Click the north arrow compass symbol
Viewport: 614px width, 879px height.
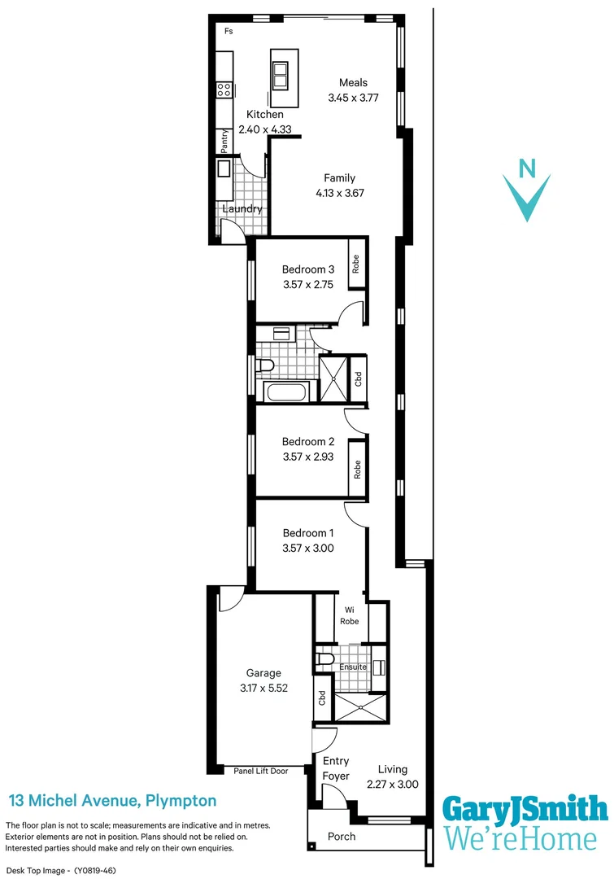point(528,191)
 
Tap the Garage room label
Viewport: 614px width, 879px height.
point(263,673)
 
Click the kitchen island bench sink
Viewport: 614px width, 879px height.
point(281,75)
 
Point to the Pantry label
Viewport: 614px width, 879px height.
point(224,142)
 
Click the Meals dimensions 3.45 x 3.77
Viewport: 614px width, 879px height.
point(353,97)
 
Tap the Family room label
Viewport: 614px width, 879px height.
point(339,178)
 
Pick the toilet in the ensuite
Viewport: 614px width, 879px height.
point(325,658)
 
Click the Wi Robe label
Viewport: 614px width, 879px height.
point(349,614)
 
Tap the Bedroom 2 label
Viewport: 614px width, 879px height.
point(308,442)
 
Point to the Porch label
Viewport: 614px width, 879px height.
point(341,837)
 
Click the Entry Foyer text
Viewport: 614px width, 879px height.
point(336,768)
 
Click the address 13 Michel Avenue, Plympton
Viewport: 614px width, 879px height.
point(112,801)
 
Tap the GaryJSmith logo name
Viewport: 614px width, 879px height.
point(525,810)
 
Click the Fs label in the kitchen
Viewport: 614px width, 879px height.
point(229,31)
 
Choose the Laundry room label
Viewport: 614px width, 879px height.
point(243,209)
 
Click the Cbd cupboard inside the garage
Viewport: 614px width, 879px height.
point(322,698)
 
